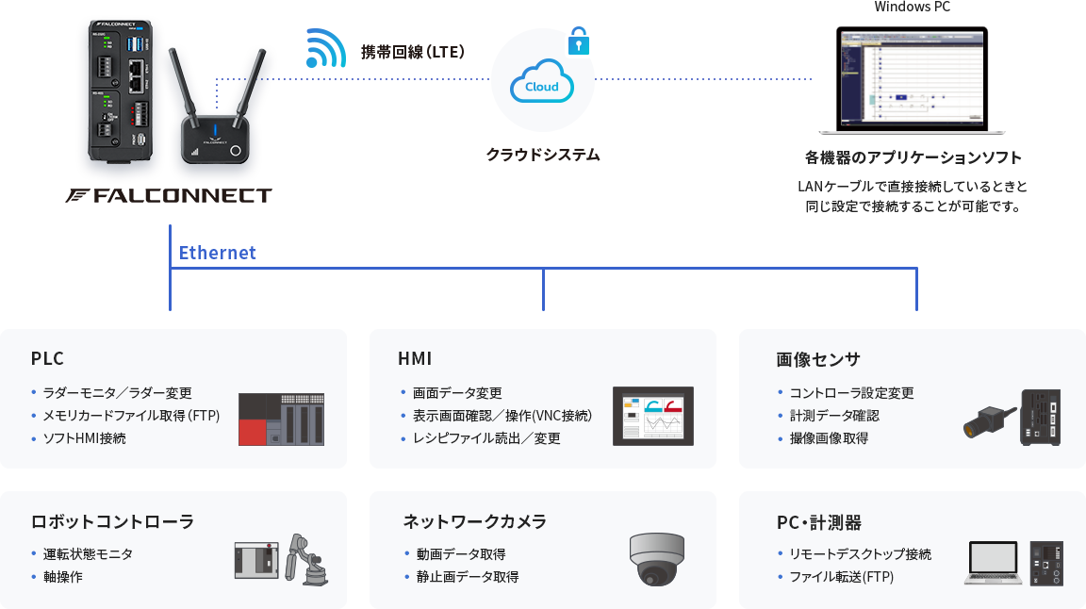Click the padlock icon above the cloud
point(578,41)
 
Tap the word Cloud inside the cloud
point(541,87)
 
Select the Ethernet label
point(217,253)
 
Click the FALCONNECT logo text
point(170,196)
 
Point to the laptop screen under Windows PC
point(911,78)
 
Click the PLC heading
point(47,359)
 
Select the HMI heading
point(416,359)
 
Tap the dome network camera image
point(657,559)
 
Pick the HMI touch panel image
point(653,416)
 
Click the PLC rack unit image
point(281,419)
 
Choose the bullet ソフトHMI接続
point(84,438)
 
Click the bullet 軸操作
point(62,576)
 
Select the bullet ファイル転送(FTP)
point(841,576)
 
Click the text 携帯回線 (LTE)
point(412,52)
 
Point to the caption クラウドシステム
point(543,155)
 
